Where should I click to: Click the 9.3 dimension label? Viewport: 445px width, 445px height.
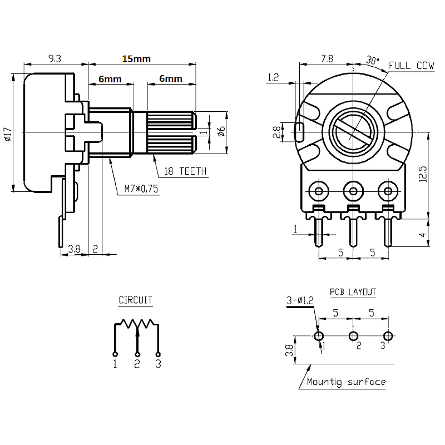pyautogui.click(x=55, y=58)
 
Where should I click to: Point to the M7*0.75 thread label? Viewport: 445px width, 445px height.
pyautogui.click(x=141, y=189)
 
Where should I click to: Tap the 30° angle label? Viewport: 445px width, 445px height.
pyautogui.click(x=372, y=59)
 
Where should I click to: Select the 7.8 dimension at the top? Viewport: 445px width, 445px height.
pyautogui.click(x=327, y=58)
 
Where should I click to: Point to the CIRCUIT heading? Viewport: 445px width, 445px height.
pyautogui.click(x=135, y=300)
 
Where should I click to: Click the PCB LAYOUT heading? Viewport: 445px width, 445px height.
pyautogui.click(x=353, y=291)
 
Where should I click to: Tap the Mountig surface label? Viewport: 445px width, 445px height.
pyautogui.click(x=346, y=382)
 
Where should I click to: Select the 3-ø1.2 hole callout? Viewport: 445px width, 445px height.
pyautogui.click(x=300, y=300)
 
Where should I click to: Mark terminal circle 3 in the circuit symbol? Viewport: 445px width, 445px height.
pyautogui.click(x=159, y=354)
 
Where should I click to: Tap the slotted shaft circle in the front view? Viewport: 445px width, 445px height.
pyautogui.click(x=353, y=131)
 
